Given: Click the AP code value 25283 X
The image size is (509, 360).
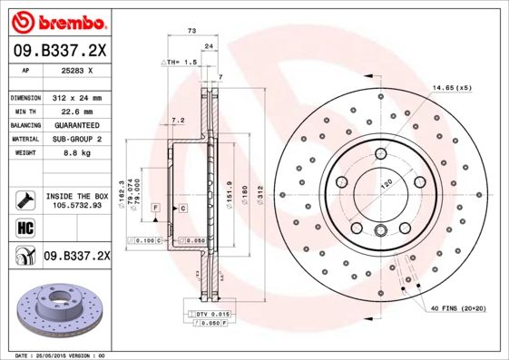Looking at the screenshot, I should [x=78, y=70].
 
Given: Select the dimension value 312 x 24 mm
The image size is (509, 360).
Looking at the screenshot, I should [x=77, y=97].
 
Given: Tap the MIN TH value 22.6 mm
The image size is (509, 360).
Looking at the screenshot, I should [x=77, y=111].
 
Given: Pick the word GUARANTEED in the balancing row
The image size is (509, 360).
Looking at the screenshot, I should [x=77, y=124].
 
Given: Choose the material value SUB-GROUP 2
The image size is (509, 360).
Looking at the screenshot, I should [x=77, y=139].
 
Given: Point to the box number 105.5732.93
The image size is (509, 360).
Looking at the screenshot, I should [x=77, y=205].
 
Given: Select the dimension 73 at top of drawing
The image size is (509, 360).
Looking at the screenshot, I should [x=191, y=31].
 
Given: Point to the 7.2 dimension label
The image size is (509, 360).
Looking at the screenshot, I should [x=178, y=120].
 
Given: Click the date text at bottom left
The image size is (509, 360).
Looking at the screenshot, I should [x=61, y=355].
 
